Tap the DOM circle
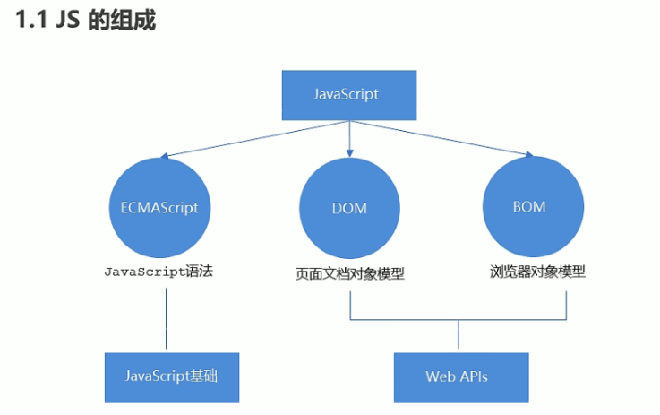click(348, 208)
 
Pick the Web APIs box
click(457, 376)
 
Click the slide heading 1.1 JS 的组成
click(85, 20)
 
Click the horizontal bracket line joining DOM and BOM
click(458, 320)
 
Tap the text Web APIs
click(457, 376)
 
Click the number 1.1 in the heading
click(33, 20)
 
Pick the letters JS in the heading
click(68, 20)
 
